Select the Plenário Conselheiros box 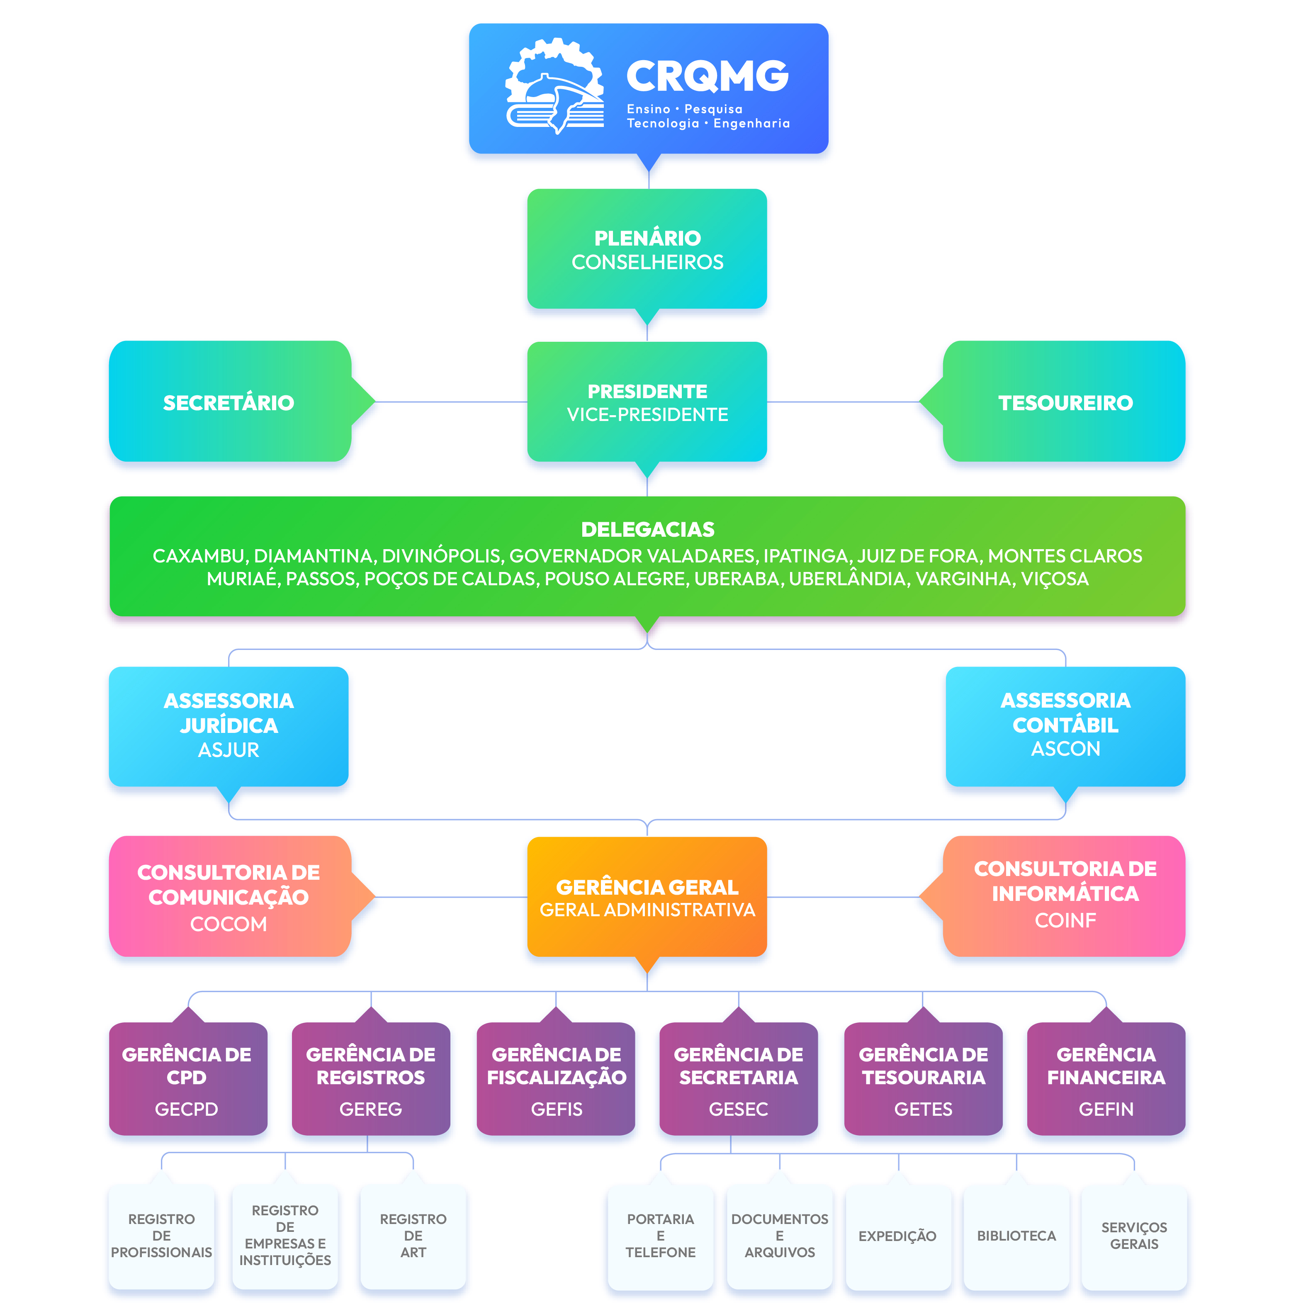(x=647, y=249)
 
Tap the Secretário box (x=229, y=402)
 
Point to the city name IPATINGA (x=807, y=556)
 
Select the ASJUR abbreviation (x=229, y=749)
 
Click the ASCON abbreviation (x=1065, y=749)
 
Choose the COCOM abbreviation (x=229, y=924)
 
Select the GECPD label (x=186, y=1109)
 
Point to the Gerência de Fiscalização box (x=556, y=1078)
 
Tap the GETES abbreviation (x=923, y=1109)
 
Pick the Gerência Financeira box (x=1106, y=1078)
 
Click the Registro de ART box (x=413, y=1236)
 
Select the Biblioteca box (x=1016, y=1236)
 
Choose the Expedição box (x=897, y=1236)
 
